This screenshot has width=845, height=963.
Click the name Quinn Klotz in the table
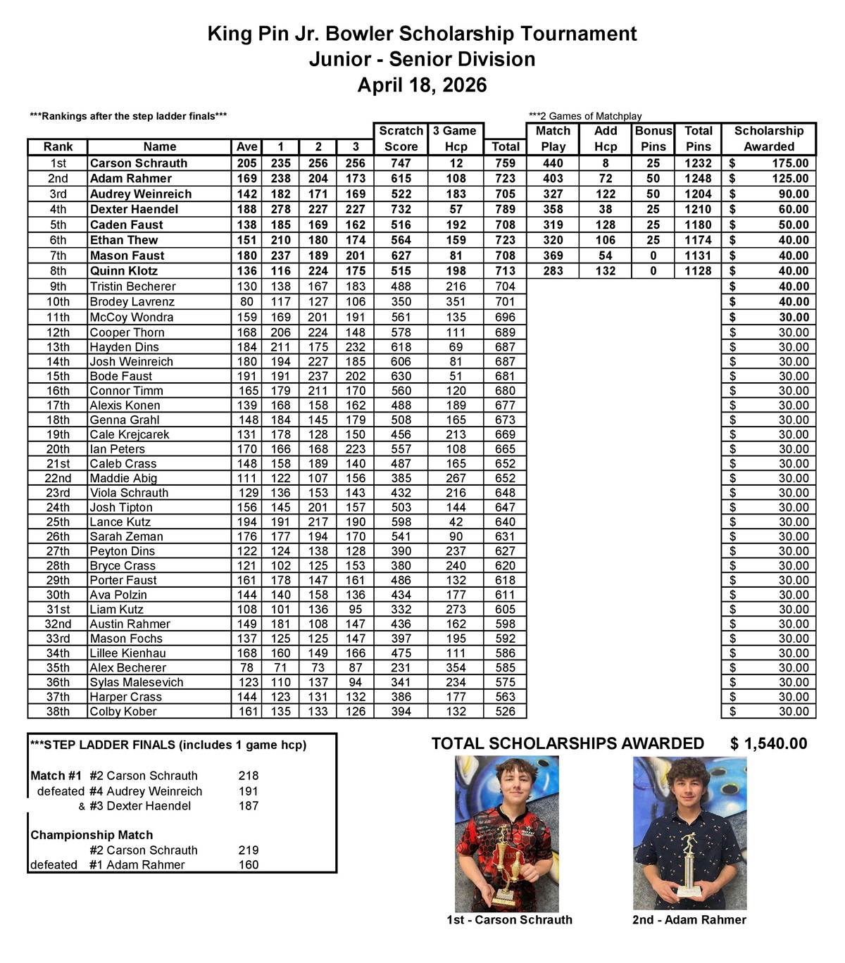(x=124, y=271)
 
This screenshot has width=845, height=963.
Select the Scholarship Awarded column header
(x=768, y=139)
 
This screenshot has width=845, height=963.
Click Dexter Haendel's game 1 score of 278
(x=280, y=209)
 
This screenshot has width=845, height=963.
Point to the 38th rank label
(x=58, y=712)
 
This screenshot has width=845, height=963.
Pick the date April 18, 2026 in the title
(x=422, y=85)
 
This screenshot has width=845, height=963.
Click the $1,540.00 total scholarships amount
(x=768, y=744)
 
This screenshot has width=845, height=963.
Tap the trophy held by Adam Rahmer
(x=688, y=865)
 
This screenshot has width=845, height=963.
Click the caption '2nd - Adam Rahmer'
(x=689, y=920)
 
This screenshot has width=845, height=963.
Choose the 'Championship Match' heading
(x=92, y=836)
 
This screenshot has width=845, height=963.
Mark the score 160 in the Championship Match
(x=249, y=865)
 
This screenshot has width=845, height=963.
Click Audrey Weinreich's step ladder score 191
(x=249, y=791)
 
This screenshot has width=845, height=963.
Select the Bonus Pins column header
(x=653, y=139)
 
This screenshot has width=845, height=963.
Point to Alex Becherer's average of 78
(x=246, y=668)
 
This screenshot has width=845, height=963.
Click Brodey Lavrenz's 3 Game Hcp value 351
(x=456, y=302)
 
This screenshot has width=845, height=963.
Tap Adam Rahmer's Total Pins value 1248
(x=698, y=179)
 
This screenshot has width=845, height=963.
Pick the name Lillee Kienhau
(x=127, y=653)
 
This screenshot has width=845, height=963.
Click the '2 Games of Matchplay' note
(x=585, y=116)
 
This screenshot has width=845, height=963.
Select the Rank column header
(x=58, y=146)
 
